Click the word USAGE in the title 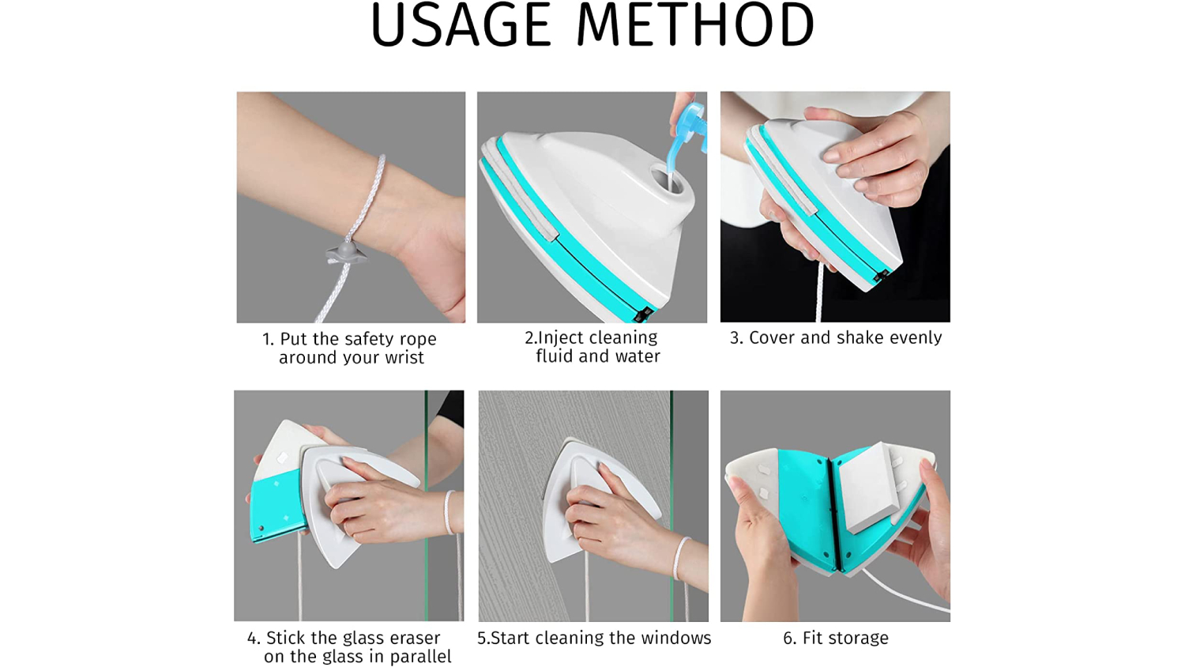[461, 24]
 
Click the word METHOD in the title [696, 24]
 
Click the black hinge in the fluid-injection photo [643, 314]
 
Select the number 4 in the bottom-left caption [252, 639]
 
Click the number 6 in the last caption [788, 639]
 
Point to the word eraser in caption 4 [413, 638]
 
